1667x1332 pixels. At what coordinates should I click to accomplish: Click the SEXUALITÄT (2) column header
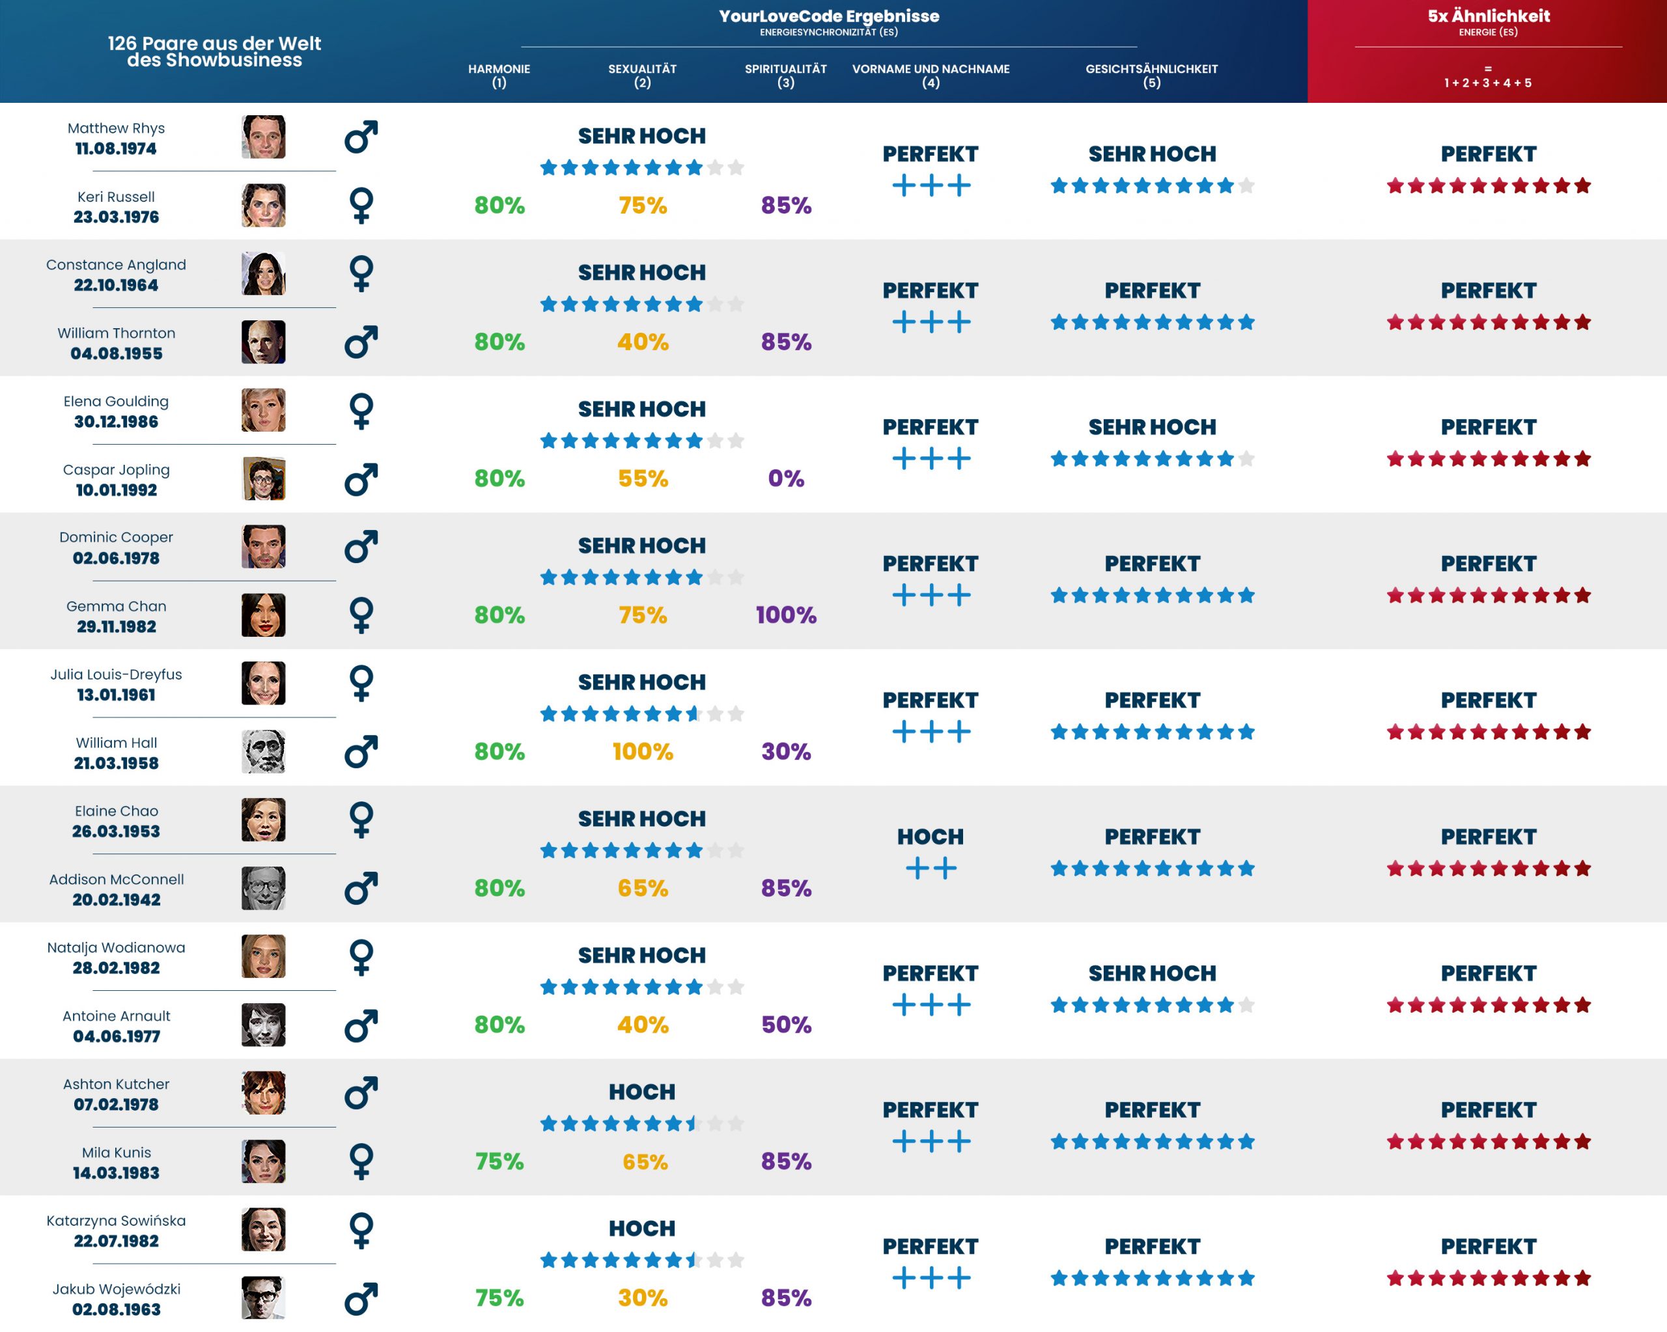(x=642, y=75)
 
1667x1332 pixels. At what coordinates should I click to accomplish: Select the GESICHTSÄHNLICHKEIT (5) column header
(x=1151, y=75)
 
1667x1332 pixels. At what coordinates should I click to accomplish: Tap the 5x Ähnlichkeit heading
(x=1489, y=16)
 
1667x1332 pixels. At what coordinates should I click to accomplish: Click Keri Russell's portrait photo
(x=263, y=206)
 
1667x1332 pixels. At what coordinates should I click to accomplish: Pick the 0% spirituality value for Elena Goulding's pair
(x=785, y=479)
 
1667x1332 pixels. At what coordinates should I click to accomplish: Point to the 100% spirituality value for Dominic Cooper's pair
(x=785, y=615)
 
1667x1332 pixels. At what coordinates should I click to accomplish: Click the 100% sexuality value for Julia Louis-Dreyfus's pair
(x=643, y=751)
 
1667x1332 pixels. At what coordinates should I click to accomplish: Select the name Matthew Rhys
(x=116, y=128)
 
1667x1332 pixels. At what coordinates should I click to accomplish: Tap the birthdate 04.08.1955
(x=116, y=354)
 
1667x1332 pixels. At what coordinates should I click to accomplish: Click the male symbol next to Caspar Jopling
(x=361, y=479)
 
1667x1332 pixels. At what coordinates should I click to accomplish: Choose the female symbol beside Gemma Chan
(x=361, y=615)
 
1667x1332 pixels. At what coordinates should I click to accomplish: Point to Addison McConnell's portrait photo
(x=263, y=888)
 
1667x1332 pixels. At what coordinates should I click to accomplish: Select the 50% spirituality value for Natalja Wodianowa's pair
(x=785, y=1025)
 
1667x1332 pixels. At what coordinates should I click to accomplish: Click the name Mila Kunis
(x=116, y=1153)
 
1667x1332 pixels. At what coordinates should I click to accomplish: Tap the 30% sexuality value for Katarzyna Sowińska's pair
(x=643, y=1298)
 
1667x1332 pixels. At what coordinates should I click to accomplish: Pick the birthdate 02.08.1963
(x=116, y=1310)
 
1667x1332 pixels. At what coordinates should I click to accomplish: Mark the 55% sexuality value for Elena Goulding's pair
(x=643, y=479)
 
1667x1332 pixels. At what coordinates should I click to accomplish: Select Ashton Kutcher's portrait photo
(x=263, y=1093)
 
